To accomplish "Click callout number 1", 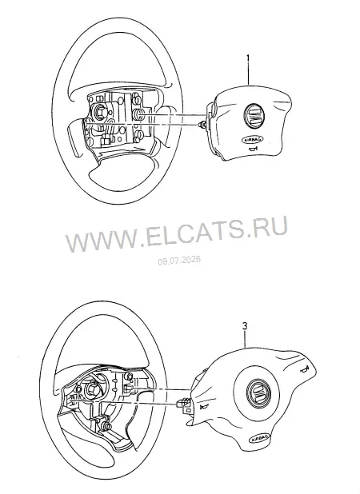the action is [x=248, y=58].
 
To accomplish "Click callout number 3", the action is [x=245, y=326].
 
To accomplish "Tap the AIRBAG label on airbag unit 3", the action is [x=259, y=438].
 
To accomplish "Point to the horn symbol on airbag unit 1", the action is [x=253, y=149].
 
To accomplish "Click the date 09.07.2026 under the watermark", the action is [x=179, y=261].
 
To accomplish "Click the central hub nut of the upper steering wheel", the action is [x=100, y=111].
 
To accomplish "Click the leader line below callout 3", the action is [x=246, y=339].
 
